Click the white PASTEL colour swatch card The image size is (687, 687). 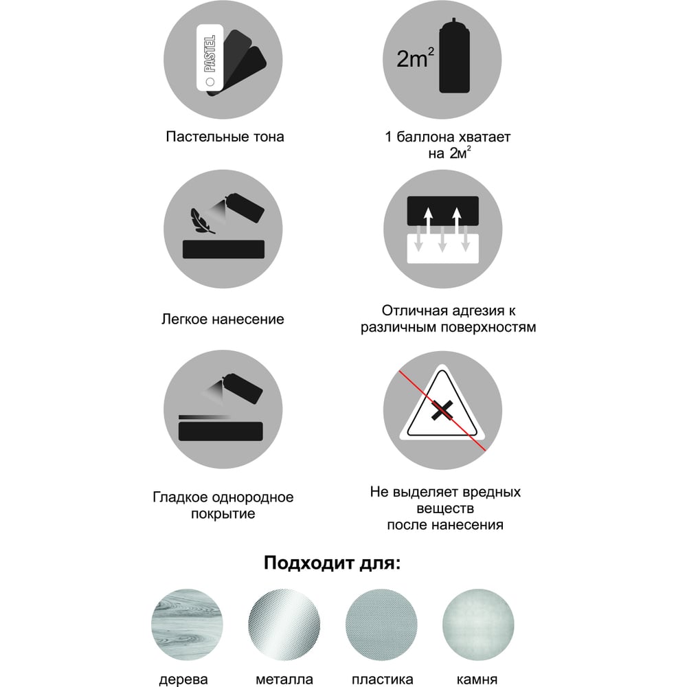pos(210,58)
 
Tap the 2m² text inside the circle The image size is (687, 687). pos(415,58)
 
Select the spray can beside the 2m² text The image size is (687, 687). pos(454,56)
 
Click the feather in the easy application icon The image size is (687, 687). pos(202,221)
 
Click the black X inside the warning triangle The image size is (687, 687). pos(442,410)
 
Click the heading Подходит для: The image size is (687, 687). pos(332,563)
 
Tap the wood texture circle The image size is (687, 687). pos(187,624)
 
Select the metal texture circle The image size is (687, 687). pos(284,624)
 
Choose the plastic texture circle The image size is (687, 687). pos(381,624)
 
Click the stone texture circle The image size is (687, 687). pos(478,624)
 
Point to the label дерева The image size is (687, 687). pos(183,679)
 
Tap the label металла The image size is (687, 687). pos(284,679)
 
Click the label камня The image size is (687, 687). pos(477,679)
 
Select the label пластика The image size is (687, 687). pos(382,679)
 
